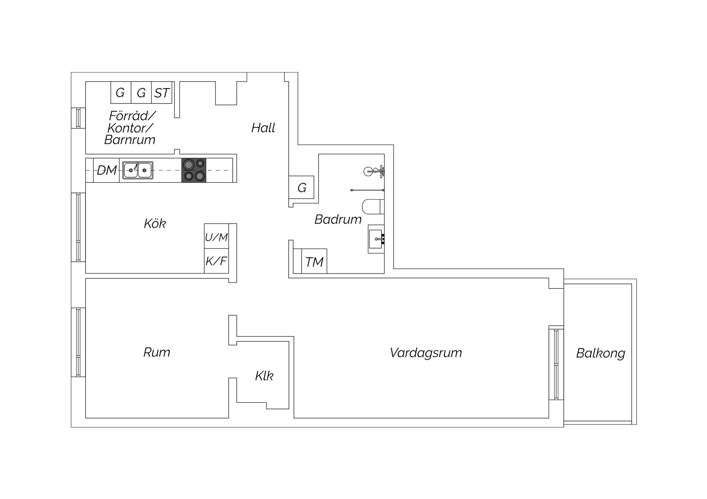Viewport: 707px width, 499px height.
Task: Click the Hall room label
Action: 263,128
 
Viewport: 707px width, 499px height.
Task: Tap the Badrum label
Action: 338,219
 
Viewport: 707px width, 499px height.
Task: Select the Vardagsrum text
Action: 426,353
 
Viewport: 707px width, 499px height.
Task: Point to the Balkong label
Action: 601,353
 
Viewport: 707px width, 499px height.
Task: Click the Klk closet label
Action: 264,375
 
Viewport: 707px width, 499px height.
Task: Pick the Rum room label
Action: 156,352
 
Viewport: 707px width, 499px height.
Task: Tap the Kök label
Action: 155,223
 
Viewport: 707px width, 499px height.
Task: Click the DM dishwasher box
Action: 106,170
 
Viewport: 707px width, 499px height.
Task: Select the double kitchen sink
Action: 138,170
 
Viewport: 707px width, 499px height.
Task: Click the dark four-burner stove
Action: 194,170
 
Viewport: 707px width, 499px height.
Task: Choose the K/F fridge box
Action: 217,261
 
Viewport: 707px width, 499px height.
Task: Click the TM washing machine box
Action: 314,261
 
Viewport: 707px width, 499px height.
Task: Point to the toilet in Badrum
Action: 373,207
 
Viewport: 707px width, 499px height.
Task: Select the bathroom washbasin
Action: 376,239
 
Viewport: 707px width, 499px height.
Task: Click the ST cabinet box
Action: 162,92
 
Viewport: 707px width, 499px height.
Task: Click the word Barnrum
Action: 130,140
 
